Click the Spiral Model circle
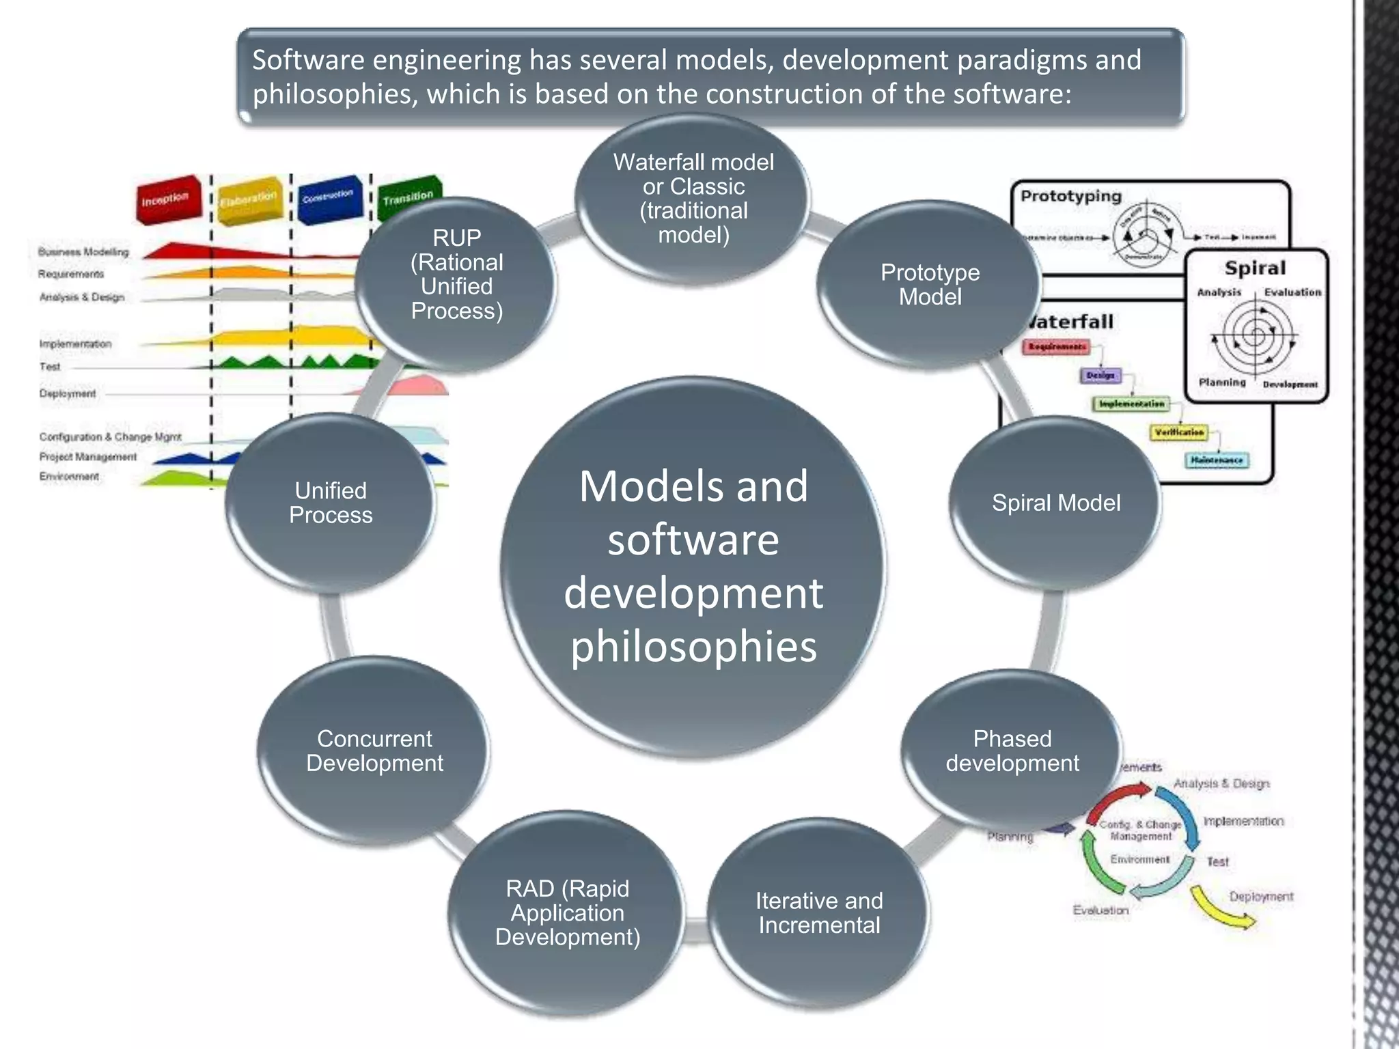(x=1055, y=503)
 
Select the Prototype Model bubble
(x=930, y=285)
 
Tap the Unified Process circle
(x=331, y=503)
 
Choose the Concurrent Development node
(x=374, y=751)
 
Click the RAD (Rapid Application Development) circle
(x=567, y=913)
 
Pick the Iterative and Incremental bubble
(x=819, y=913)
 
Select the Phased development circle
(x=1012, y=751)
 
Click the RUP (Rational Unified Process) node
(x=456, y=275)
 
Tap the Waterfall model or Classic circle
(x=693, y=199)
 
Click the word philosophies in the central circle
(x=693, y=647)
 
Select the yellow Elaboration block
(x=249, y=198)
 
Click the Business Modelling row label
(x=83, y=252)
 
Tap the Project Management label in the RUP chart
(x=88, y=457)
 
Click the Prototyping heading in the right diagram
(x=1071, y=197)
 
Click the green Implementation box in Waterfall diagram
(x=1131, y=404)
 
